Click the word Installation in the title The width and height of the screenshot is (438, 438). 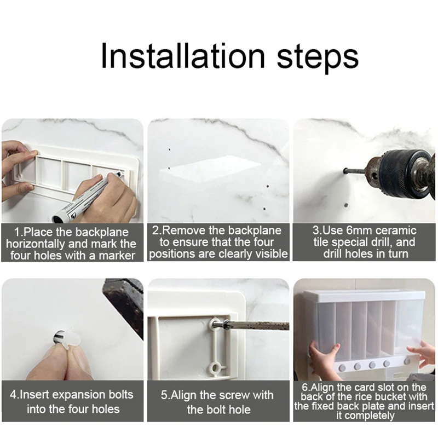pyautogui.click(x=183, y=55)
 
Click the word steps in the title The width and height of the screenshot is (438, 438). pyautogui.click(x=318, y=58)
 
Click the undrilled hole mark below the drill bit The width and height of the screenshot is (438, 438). pyautogui.click(x=346, y=205)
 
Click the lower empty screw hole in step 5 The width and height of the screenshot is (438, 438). pyautogui.click(x=215, y=368)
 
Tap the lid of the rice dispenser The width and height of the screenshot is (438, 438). pyautogui.click(x=365, y=296)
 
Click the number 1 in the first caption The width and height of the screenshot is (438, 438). pyautogui.click(x=16, y=232)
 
